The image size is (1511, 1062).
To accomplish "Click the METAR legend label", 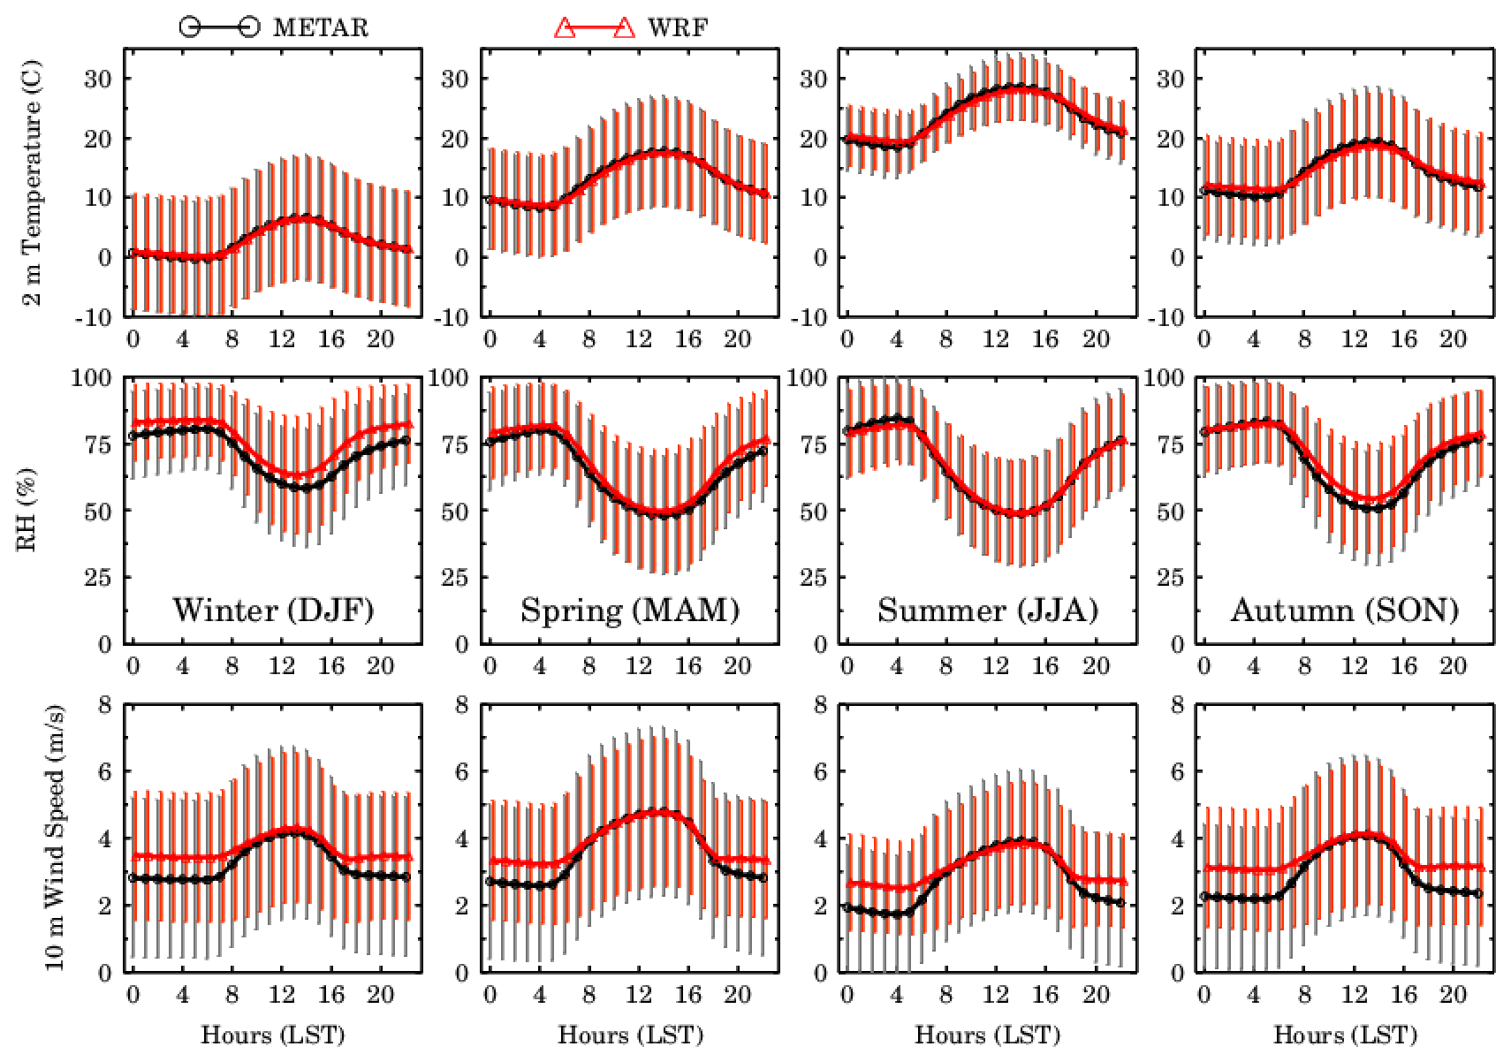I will [320, 27].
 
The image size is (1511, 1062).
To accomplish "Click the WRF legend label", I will [678, 27].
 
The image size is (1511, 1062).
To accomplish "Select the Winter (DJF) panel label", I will [273, 610].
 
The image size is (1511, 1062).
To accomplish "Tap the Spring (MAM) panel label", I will [629, 610].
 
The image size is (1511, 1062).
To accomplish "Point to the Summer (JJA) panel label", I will [987, 610].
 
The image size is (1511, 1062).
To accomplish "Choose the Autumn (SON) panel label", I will [1344, 610].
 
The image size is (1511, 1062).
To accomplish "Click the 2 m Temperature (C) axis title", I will [32, 183].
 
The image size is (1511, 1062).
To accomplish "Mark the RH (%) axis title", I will [27, 510].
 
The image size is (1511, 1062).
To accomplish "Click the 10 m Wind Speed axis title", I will [55, 838].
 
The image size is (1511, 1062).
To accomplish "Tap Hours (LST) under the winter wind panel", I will [273, 1035].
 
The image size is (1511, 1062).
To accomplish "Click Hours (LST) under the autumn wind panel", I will [1345, 1035].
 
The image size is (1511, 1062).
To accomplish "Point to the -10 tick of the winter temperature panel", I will [94, 318].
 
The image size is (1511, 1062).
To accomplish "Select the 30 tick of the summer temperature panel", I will [813, 79].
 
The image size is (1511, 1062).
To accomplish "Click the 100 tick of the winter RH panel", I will [92, 378].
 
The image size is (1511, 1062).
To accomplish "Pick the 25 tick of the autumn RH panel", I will [1170, 578].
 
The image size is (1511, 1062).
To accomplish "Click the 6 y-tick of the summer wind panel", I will [820, 772].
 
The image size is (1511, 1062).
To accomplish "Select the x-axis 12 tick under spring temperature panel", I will [638, 339].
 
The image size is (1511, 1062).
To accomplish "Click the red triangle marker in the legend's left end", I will [566, 28].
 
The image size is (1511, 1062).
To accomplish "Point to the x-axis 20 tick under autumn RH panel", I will [1453, 666].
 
